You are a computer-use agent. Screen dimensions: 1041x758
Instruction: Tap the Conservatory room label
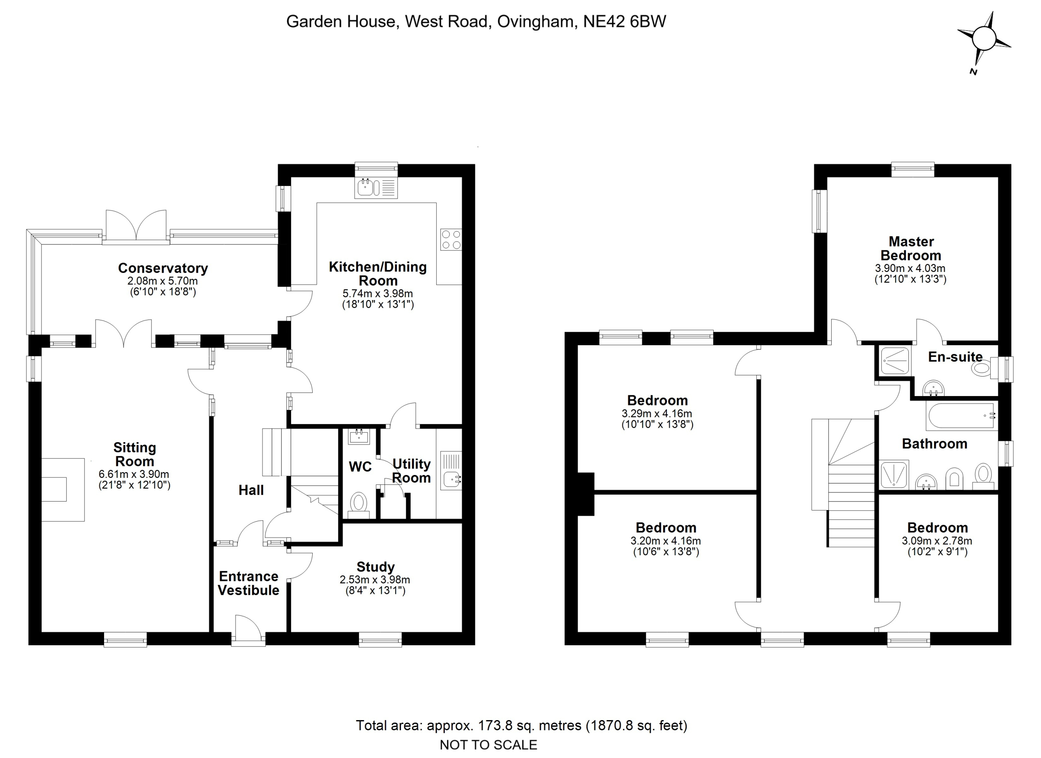tap(163, 268)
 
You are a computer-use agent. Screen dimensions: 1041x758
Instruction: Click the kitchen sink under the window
tap(376, 187)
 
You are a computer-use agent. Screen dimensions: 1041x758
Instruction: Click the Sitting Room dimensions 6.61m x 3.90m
tap(134, 474)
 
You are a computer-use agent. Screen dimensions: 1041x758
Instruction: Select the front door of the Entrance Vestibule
tap(248, 629)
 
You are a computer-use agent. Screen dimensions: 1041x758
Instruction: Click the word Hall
tap(251, 490)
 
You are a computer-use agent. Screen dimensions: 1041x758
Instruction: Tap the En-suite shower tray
tap(895, 361)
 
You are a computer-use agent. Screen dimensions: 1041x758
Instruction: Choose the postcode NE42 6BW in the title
tap(624, 22)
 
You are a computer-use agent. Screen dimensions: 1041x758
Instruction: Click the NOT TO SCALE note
tap(488, 745)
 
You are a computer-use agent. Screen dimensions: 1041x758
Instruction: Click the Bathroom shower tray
tap(894, 475)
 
